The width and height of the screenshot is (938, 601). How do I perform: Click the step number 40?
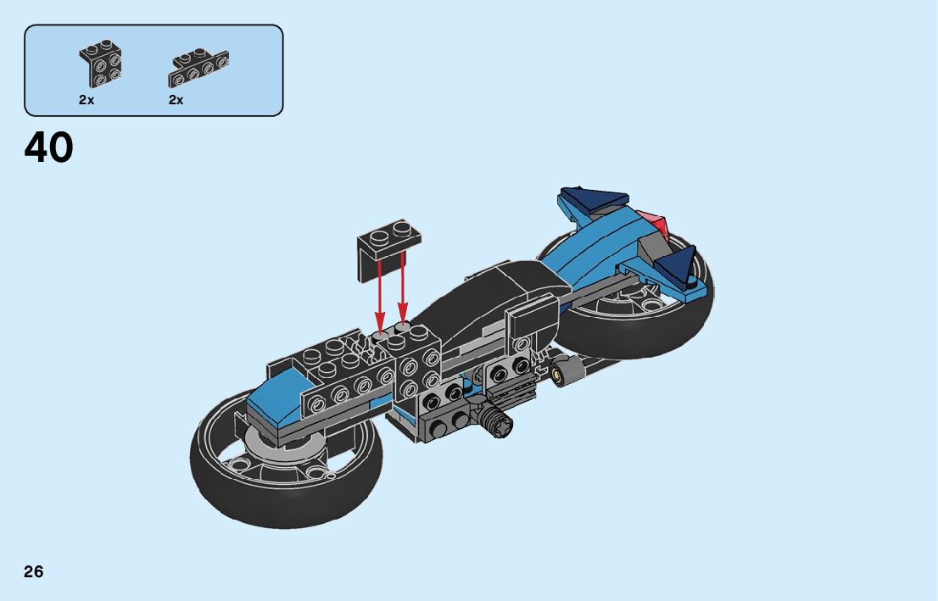point(49,148)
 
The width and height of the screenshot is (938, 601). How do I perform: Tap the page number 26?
point(34,571)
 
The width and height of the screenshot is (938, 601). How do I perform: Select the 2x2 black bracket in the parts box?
point(101,65)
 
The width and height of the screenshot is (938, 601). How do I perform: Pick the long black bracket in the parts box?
point(198,69)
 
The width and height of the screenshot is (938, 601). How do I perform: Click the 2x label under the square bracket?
point(87,100)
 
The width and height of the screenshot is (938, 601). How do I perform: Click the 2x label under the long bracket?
point(176,100)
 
